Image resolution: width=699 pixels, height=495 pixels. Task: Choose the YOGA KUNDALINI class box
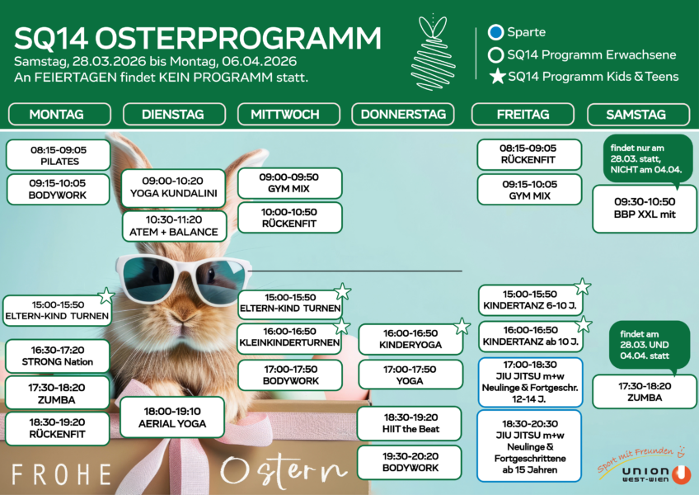pos(173,188)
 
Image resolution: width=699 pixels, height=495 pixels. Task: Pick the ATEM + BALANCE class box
pos(173,226)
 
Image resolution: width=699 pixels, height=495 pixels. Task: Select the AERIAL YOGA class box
pos(171,417)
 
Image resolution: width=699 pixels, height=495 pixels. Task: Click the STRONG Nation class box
pos(57,356)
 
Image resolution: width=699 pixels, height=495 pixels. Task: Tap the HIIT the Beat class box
pos(410,423)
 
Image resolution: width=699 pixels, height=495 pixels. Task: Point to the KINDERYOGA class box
pos(410,339)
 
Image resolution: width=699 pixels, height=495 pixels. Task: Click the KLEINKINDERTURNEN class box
pos(289,337)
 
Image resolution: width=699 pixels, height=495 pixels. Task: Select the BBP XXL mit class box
pos(645,208)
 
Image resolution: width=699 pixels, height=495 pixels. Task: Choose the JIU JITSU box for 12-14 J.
pos(529,382)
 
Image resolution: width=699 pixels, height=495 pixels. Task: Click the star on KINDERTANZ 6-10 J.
pos(583,287)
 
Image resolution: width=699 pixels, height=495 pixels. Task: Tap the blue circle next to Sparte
pos(495,33)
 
